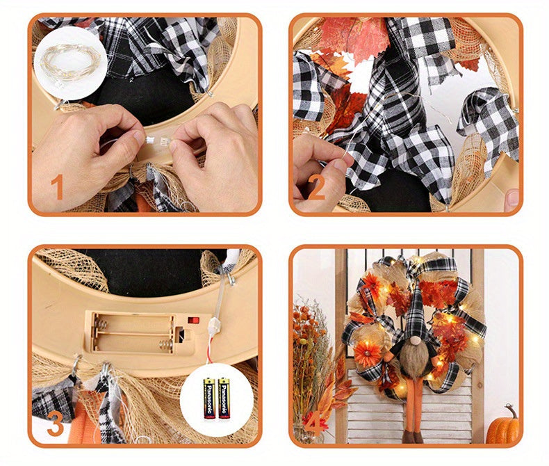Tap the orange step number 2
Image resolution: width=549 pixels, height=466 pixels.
tap(317, 188)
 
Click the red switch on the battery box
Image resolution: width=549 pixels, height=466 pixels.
tap(195, 321)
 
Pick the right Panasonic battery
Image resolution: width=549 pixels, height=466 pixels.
tap(223, 399)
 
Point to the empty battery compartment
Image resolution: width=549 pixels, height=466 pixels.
tap(132, 332)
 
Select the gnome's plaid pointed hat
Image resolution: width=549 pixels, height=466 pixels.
tap(418, 299)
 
